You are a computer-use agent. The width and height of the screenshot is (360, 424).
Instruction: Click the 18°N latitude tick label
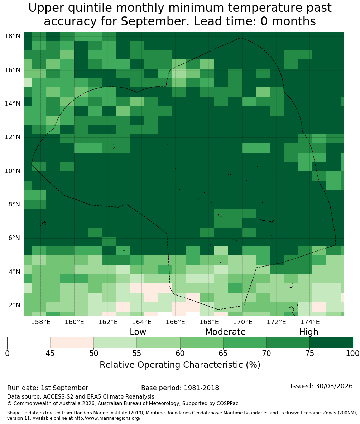(13, 36)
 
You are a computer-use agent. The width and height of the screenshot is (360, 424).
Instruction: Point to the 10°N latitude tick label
(13, 171)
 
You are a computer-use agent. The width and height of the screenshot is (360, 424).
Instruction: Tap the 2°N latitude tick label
(14, 306)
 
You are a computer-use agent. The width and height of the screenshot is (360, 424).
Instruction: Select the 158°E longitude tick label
(40, 322)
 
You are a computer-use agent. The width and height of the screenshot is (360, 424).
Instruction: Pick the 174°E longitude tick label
(310, 322)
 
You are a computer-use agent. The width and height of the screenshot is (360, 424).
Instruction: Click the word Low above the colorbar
(138, 332)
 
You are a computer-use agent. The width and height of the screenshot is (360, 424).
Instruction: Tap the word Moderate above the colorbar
(225, 332)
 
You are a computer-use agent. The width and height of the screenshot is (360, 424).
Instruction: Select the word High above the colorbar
(308, 332)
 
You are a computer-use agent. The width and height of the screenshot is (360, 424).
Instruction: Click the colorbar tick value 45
(51, 354)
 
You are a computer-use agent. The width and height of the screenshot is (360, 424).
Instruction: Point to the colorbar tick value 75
(309, 354)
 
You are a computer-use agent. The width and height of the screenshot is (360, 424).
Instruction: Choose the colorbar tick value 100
(353, 354)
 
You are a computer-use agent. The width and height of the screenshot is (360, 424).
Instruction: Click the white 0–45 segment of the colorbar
(29, 343)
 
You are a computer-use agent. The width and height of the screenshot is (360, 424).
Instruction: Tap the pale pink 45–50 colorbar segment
(72, 343)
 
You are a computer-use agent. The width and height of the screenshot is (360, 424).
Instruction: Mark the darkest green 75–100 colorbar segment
(331, 343)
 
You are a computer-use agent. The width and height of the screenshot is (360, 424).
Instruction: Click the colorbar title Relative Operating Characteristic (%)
(180, 365)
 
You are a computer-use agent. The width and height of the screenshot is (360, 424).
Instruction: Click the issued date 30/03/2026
(334, 386)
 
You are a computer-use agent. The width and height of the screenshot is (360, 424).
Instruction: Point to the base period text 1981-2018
(201, 388)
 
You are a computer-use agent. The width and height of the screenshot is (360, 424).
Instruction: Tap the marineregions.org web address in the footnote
(107, 418)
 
